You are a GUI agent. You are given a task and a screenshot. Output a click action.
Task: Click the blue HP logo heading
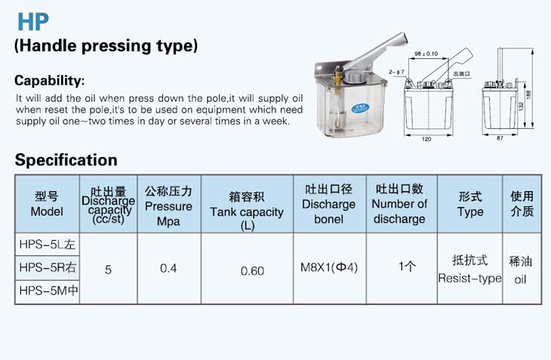33,22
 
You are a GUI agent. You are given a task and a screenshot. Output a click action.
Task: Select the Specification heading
66,160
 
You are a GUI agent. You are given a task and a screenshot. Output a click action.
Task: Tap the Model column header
47,204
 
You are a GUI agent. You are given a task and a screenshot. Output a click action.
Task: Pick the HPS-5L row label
48,245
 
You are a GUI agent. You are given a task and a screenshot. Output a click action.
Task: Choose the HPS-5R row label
48,268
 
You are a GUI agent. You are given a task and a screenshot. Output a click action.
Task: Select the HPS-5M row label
48,291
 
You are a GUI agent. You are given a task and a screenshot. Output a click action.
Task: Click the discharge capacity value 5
108,269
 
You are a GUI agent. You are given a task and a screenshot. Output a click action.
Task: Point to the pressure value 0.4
168,269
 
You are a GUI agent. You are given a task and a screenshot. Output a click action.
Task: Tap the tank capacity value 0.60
252,271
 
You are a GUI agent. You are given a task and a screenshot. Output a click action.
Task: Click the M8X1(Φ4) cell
329,268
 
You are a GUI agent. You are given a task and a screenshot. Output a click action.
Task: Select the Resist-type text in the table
469,278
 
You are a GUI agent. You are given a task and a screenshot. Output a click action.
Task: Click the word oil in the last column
520,279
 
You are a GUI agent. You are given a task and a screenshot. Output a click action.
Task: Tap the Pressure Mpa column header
168,206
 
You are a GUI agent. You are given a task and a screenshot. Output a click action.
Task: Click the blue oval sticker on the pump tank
360,108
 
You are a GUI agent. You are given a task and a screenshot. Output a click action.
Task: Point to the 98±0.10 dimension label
426,54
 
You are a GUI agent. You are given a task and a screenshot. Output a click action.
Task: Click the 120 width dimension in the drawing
426,139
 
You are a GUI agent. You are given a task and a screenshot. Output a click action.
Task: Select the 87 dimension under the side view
500,138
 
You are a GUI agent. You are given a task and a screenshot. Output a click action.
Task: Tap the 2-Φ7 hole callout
396,72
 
